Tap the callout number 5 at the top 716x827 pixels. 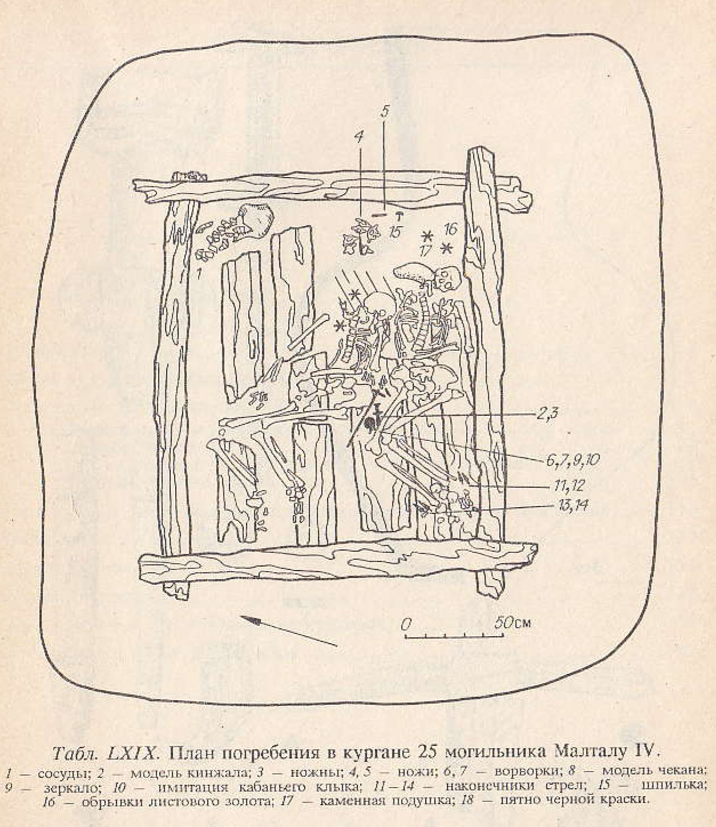[384, 112]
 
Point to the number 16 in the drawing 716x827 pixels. [450, 230]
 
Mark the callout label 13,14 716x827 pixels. [569, 506]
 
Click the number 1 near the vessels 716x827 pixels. [198, 272]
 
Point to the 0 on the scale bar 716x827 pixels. [406, 624]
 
